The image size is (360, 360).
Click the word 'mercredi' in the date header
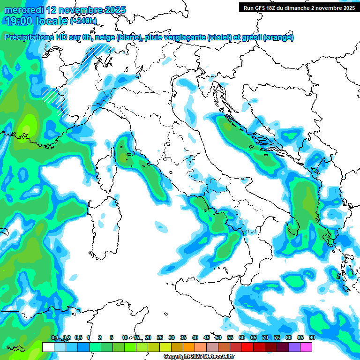[24, 10]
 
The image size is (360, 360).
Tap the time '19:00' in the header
[18, 21]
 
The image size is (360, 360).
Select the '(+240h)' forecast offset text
[83, 21]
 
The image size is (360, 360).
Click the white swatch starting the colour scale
[48, 347]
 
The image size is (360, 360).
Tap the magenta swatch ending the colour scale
[306, 347]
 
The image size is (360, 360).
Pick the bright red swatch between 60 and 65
[247, 347]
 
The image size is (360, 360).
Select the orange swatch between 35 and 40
[189, 347]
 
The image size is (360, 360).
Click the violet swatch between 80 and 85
[294, 347]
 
